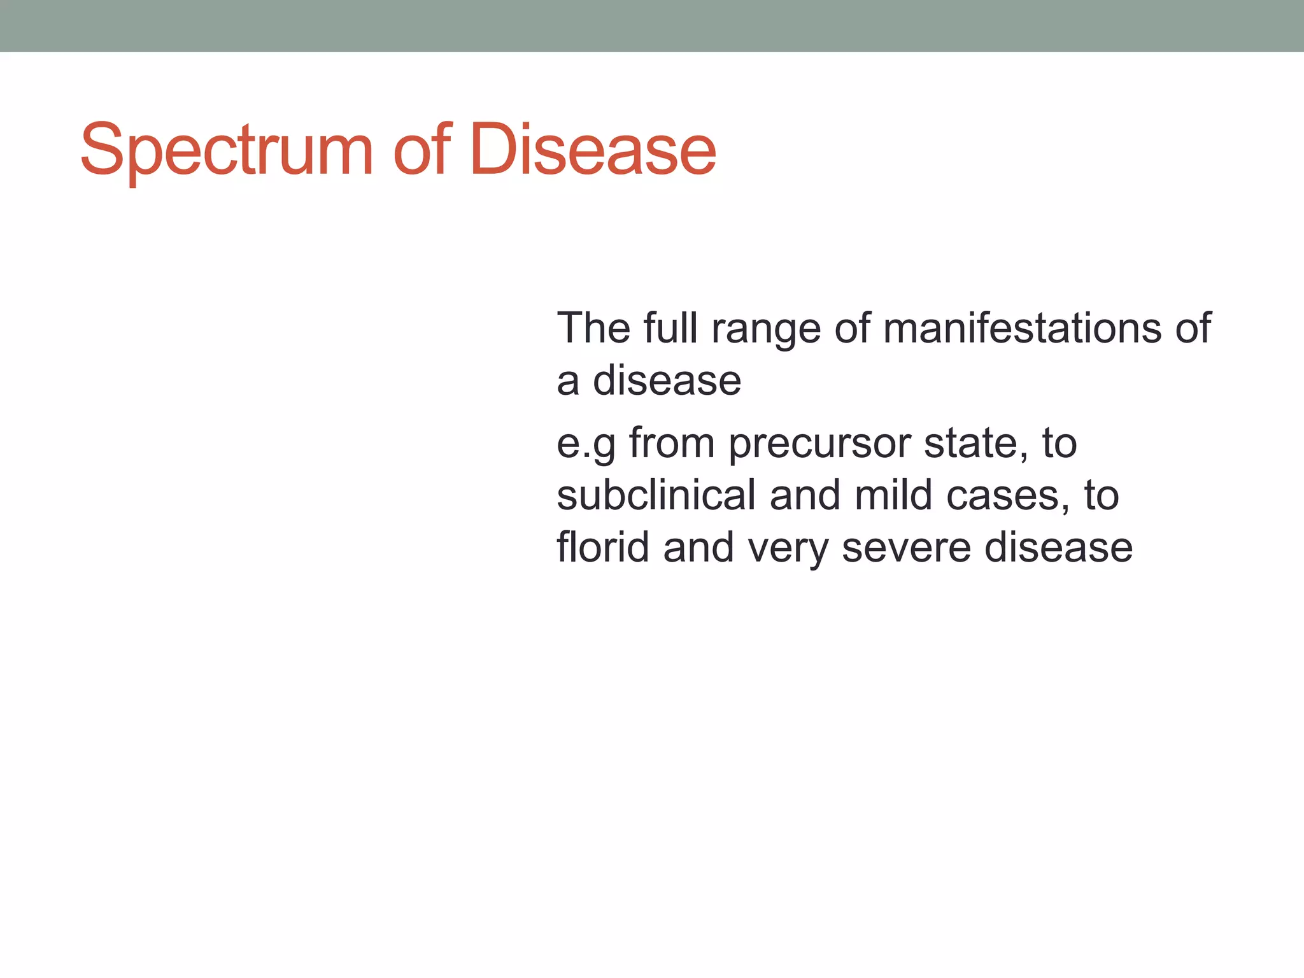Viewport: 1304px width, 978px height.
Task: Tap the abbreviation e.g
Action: [x=586, y=444]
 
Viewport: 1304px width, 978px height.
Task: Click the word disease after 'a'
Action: [x=667, y=381]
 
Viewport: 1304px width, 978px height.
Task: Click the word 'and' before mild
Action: [x=805, y=495]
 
